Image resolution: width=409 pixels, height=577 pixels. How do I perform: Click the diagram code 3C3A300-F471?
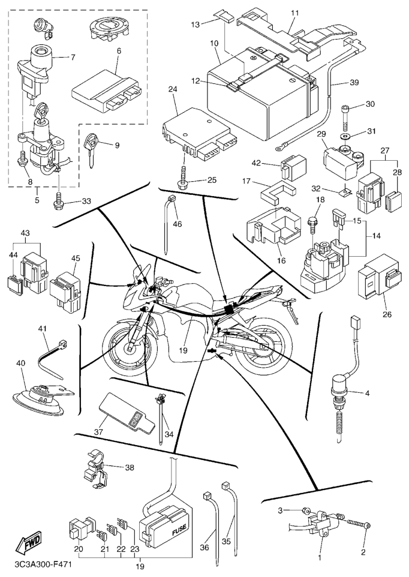click(36, 564)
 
